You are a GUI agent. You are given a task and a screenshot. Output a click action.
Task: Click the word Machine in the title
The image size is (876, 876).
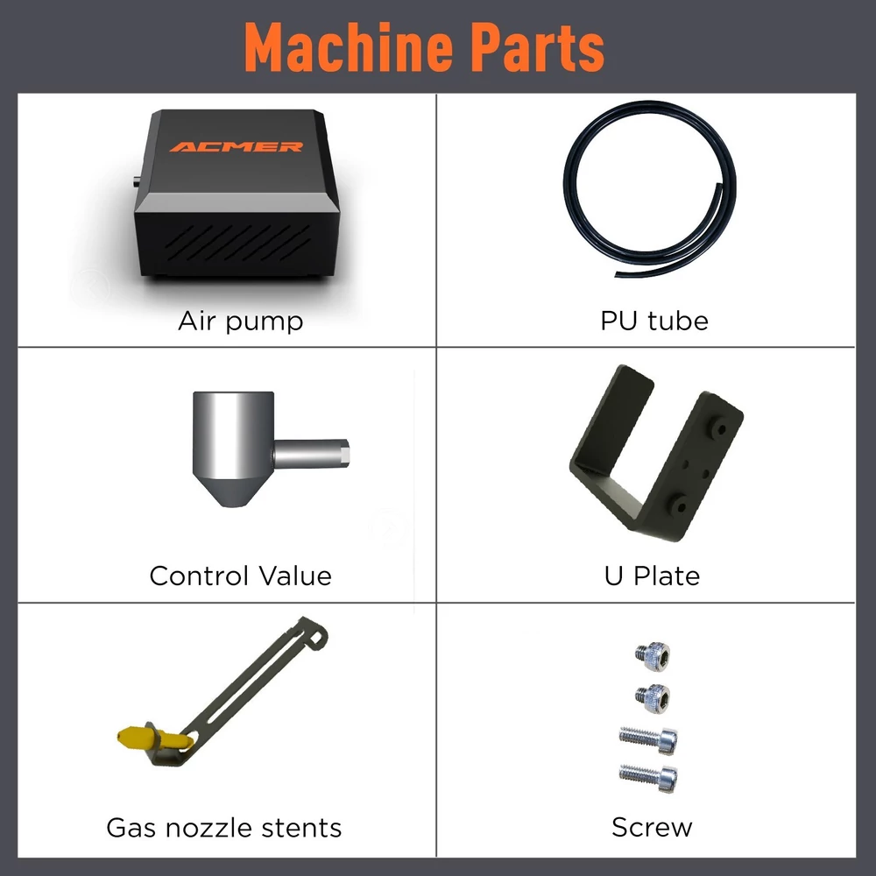tap(349, 47)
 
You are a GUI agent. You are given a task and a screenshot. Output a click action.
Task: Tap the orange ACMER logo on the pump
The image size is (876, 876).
tap(237, 147)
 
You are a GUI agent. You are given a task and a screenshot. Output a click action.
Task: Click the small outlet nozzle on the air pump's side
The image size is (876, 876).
tap(137, 181)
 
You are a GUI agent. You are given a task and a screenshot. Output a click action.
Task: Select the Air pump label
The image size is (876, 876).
tap(241, 321)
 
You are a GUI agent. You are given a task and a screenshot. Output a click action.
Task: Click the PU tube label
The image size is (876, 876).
tap(654, 321)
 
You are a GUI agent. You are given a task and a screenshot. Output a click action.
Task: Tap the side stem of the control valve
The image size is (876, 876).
tap(311, 454)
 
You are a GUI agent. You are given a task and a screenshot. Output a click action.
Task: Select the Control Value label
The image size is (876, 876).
tap(241, 576)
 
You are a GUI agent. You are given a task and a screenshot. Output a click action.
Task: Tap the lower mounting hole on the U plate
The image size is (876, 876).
tap(681, 506)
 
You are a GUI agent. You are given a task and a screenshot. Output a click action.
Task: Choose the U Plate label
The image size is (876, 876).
tap(652, 576)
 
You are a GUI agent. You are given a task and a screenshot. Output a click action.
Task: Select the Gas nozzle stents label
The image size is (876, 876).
tap(224, 828)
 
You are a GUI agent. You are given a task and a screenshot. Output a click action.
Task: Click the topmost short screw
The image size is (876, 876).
tap(653, 656)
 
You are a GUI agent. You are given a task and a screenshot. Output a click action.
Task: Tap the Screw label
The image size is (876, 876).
tap(652, 828)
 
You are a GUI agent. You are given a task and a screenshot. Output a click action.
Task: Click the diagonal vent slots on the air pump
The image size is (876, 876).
tap(238, 243)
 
